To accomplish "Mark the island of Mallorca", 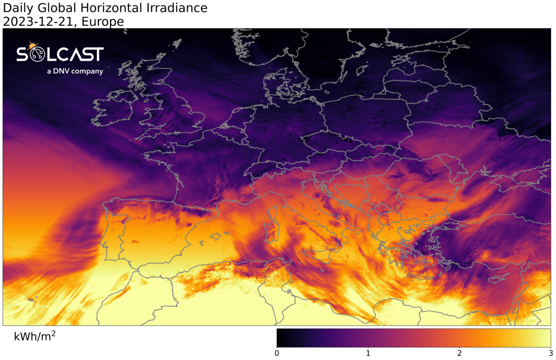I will pyautogui.click(x=215, y=237).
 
